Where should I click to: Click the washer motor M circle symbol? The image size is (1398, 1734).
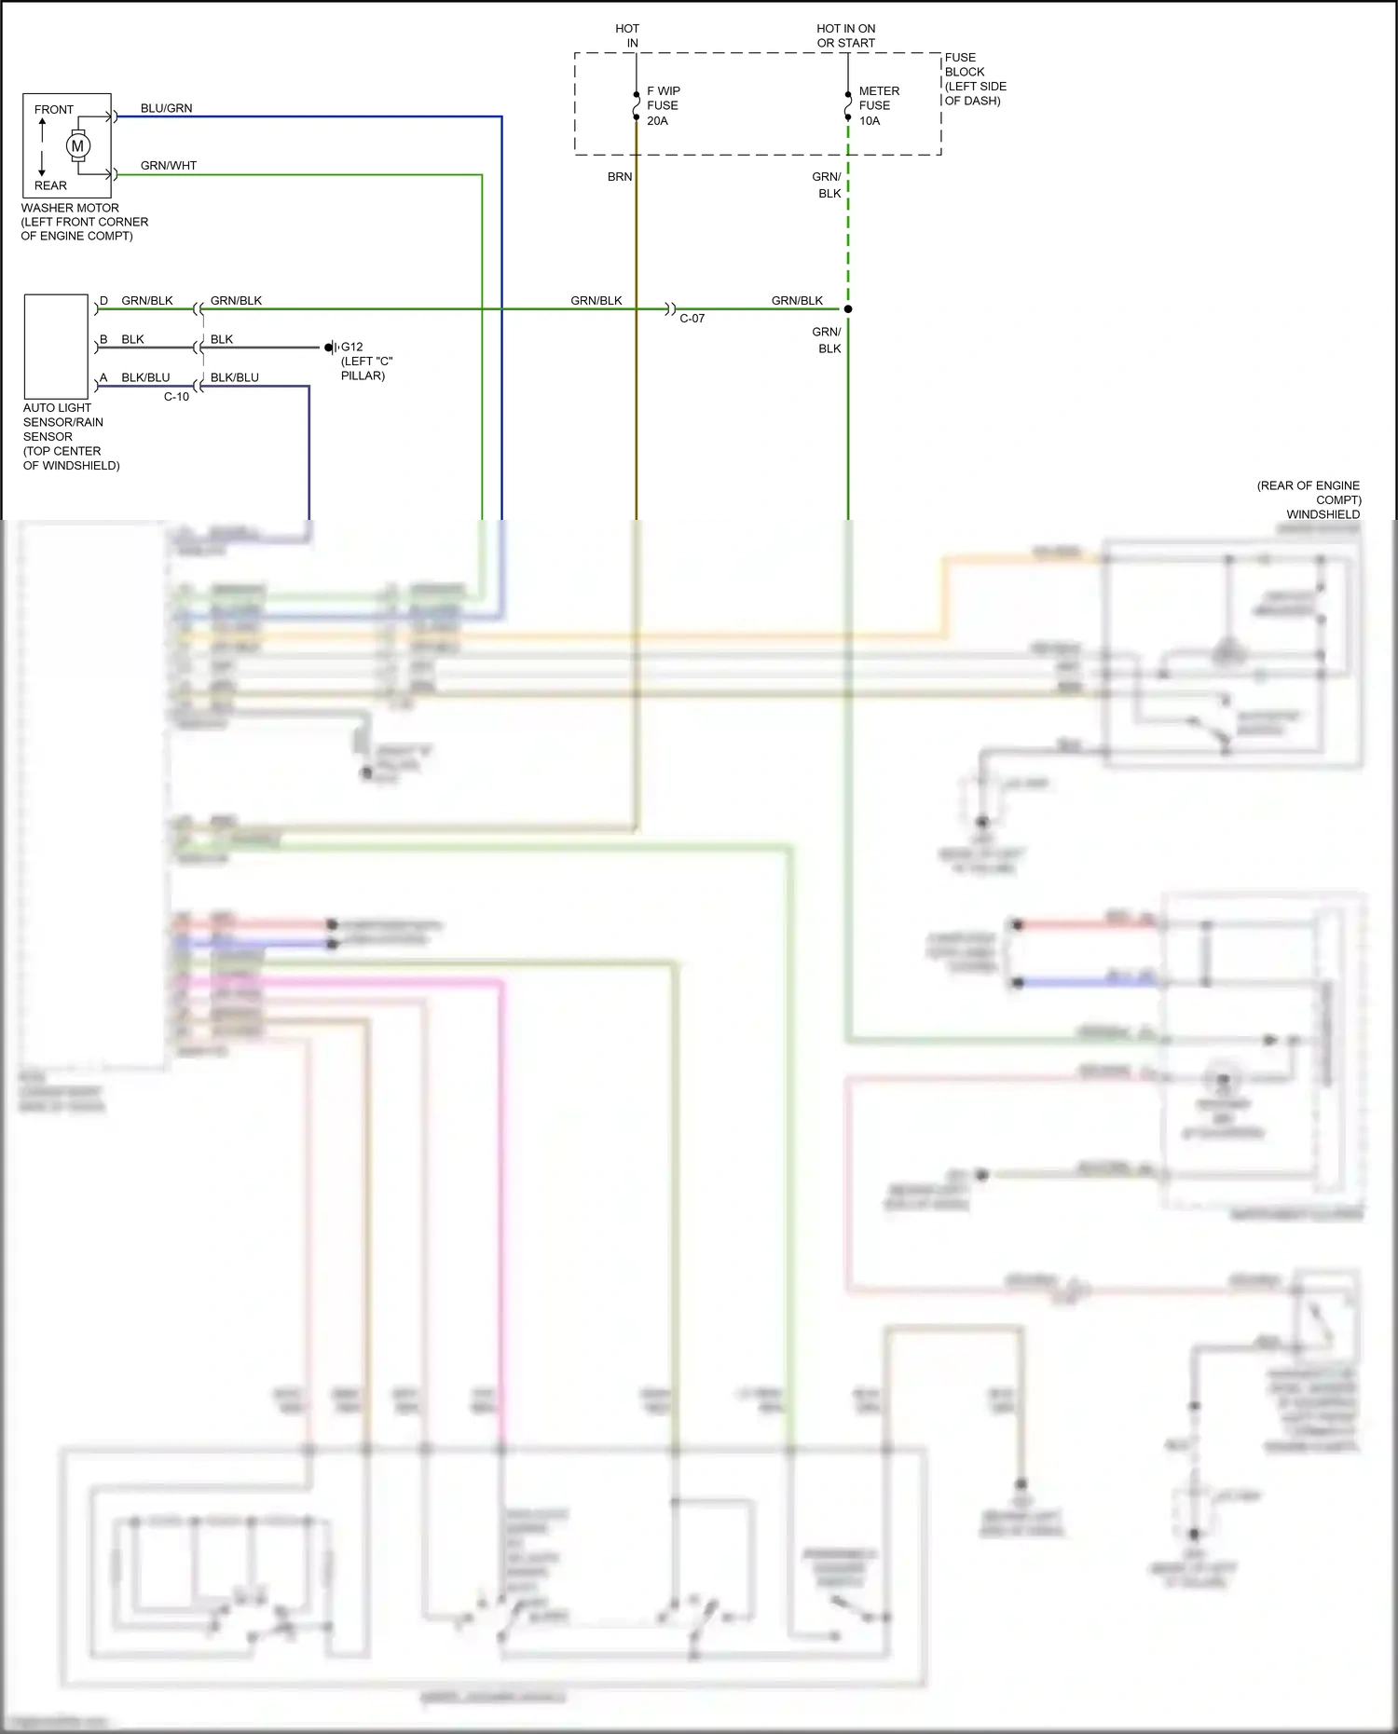coord(77,145)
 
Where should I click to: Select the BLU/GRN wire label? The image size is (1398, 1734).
coord(166,108)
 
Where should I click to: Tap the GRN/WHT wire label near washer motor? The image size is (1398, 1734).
coord(168,166)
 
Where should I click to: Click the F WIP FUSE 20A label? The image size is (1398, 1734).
coord(663,105)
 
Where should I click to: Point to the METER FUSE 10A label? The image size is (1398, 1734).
coord(878,105)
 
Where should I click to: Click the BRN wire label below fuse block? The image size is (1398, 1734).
coord(619,177)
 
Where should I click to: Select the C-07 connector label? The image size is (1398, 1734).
coord(692,319)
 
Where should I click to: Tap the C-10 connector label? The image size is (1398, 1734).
coord(176,397)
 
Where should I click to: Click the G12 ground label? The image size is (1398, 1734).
coord(351,347)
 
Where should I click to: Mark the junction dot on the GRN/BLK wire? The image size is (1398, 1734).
coord(848,308)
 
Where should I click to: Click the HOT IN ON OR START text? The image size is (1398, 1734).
coord(845,35)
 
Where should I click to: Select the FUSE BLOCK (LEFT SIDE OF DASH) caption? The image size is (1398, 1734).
coord(974,79)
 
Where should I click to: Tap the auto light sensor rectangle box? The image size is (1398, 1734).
coord(56,347)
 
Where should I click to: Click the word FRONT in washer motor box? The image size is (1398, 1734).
coord(54,110)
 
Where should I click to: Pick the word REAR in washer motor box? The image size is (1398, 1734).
coord(50,185)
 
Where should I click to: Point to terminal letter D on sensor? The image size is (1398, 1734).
coord(103,301)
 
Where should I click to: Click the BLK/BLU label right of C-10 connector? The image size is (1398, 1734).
coord(234,377)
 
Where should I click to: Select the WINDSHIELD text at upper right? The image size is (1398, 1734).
coord(1323,514)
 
